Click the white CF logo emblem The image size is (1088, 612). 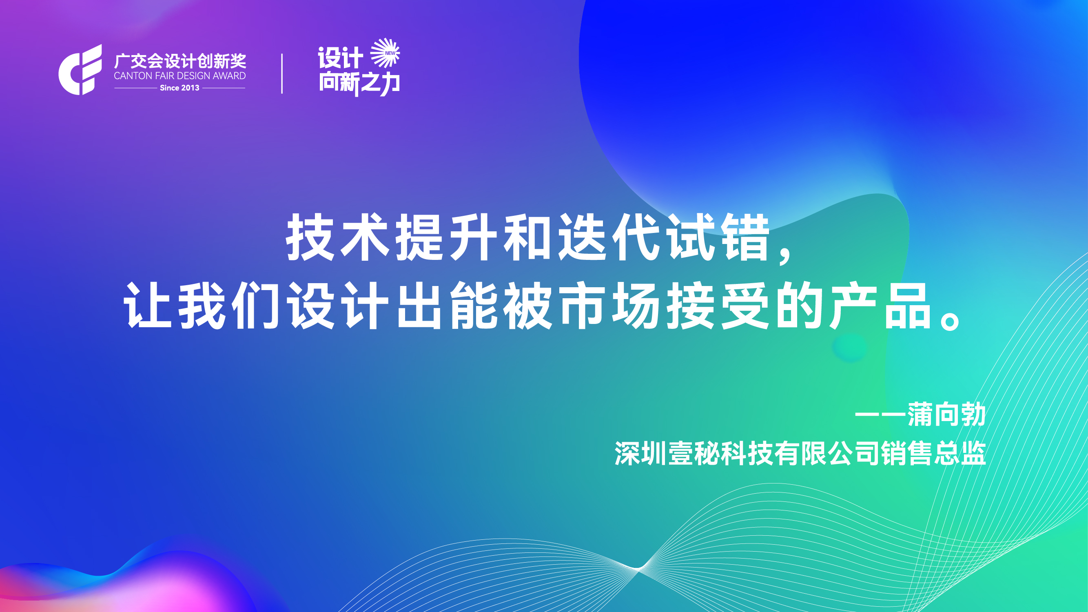coord(80,70)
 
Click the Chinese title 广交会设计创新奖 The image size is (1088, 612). coord(180,61)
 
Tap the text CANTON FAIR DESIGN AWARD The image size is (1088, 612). coord(180,76)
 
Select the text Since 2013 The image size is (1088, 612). coord(179,88)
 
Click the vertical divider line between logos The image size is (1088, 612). coord(282,73)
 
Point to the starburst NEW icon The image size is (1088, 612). coord(385,53)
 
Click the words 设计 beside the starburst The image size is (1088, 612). coord(340,58)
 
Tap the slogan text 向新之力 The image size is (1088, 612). coord(359,83)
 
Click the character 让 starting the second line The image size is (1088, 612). coord(148,305)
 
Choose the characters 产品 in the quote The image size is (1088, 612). coord(881,305)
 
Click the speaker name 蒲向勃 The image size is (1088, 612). coord(946,415)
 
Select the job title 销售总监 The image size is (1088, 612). coord(934,454)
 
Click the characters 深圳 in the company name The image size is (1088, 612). coord(640,454)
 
